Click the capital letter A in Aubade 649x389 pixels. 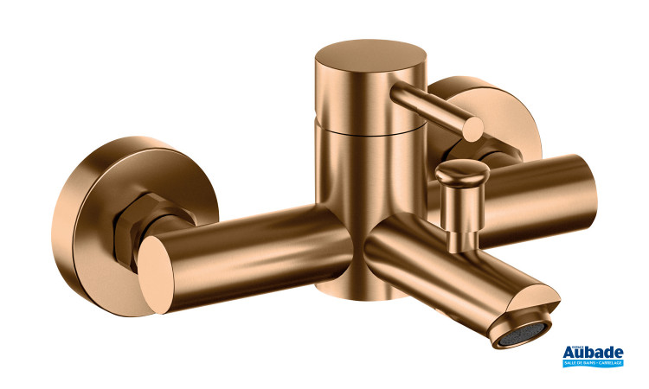(571, 353)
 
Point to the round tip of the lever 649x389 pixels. (472, 129)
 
